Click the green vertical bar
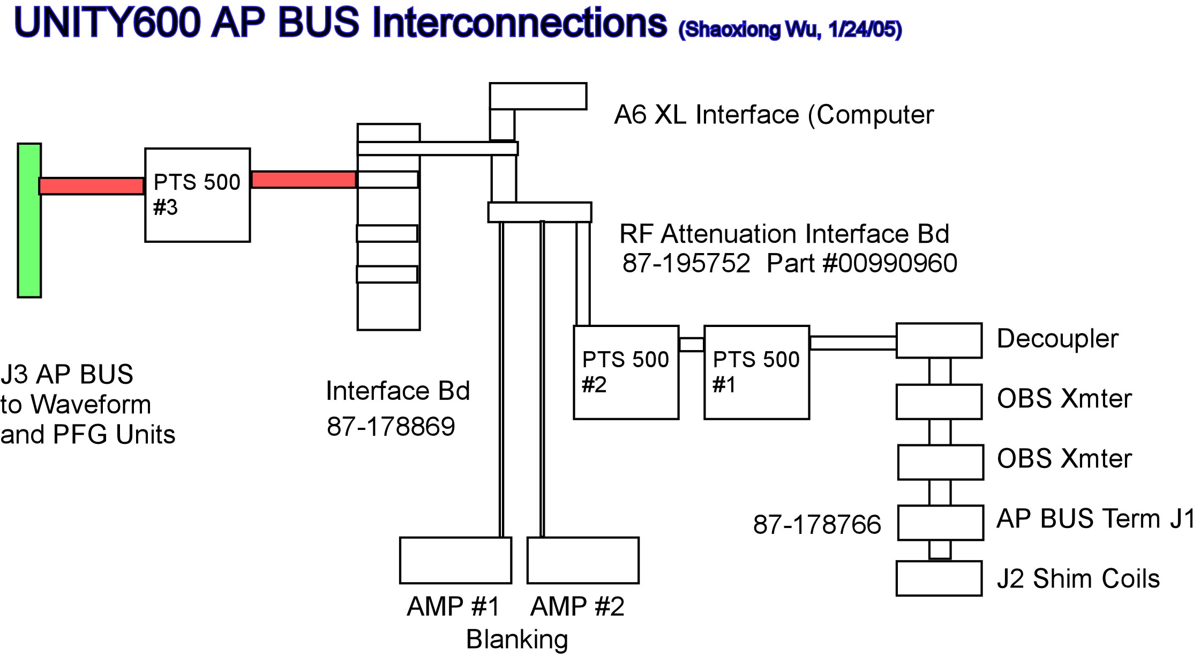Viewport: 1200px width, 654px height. (29, 220)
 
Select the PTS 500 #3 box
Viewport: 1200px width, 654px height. (197, 195)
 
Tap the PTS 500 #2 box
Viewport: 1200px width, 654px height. (626, 372)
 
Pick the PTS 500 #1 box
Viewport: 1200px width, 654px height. (756, 372)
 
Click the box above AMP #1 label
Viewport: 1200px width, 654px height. (455, 560)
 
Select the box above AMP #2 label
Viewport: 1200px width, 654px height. (583, 560)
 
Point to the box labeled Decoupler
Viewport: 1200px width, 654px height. (939, 340)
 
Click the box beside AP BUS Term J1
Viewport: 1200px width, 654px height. (941, 523)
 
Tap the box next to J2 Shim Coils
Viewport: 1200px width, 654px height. (939, 578)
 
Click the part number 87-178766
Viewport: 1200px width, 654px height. (817, 524)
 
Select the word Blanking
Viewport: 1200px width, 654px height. (517, 639)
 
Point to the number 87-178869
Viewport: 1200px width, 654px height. (391, 427)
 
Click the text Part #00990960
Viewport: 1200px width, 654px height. (861, 263)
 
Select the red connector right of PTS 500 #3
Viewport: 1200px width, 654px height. (304, 180)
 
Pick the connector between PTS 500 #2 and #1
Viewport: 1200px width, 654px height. (692, 345)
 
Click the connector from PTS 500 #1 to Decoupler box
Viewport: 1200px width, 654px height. (853, 343)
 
